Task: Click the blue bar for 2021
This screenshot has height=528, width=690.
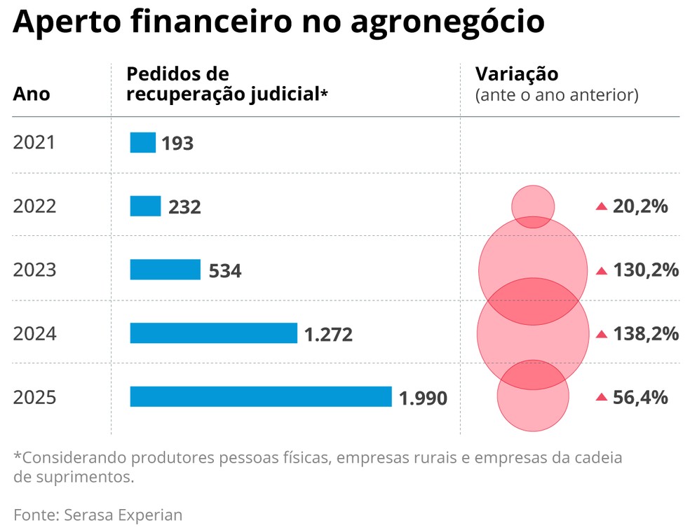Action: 142,142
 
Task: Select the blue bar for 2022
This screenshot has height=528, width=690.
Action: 145,206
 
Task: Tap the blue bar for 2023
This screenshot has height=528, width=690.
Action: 165,270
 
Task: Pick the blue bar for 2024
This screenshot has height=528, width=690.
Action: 213,333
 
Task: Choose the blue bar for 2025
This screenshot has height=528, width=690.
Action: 260,396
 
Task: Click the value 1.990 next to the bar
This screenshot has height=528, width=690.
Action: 423,398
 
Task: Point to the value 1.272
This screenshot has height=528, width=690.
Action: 328,335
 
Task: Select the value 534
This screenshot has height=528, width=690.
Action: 225,271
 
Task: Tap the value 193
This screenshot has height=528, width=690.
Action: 177,144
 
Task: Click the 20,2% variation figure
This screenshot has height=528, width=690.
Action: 640,207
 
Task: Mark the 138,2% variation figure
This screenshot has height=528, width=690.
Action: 646,334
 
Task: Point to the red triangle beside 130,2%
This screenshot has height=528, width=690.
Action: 601,270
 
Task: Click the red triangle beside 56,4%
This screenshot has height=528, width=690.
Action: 601,397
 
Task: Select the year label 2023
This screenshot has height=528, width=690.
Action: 34,270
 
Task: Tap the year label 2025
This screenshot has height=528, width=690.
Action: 34,397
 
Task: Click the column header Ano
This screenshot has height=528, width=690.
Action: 32,94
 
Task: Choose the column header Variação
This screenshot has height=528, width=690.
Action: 517,74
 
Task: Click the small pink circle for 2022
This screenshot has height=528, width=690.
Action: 533,205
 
